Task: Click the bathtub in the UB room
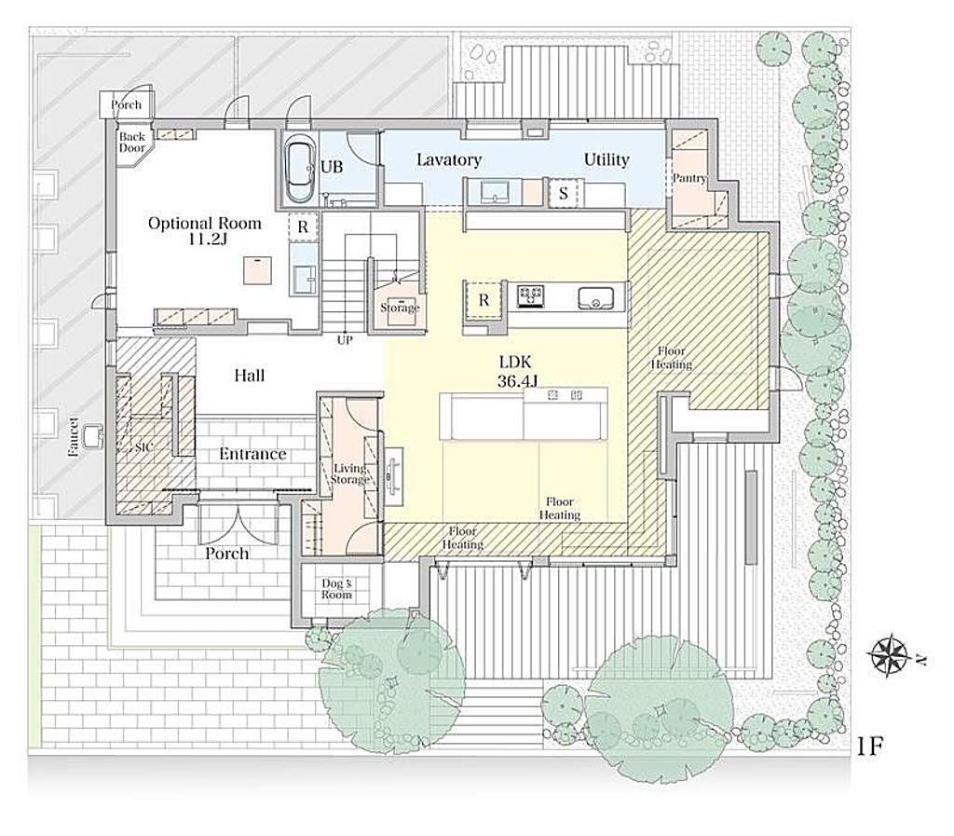pos(299,172)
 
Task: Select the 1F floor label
pos(870,746)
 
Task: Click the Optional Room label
pos(204,224)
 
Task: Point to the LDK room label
pos(515,362)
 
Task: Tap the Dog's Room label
pos(336,589)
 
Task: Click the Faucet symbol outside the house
pos(94,435)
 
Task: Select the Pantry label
pos(688,178)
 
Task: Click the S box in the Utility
pos(564,194)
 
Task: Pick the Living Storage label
pos(350,474)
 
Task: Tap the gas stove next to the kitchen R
pos(530,295)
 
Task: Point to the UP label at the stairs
pos(345,340)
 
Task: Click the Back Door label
pos(132,143)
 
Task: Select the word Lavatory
pos(449,160)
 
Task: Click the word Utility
pos(606,159)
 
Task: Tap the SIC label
pos(144,447)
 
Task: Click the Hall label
pos(250,376)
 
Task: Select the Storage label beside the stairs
pos(400,308)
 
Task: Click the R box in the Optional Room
pos(303,227)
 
